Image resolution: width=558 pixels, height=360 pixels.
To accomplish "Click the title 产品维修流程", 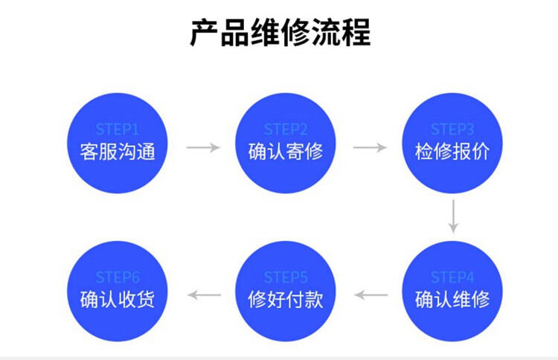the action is pos(280,33).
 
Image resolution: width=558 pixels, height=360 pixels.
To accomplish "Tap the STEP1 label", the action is pos(117,129).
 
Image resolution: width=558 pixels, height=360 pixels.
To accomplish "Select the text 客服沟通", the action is pos(118,152).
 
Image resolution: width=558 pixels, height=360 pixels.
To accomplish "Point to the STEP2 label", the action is pos(286,129).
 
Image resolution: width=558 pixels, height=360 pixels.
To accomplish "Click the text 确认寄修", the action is pos(286,152).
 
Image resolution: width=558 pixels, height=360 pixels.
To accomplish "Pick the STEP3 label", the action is pos(452,129).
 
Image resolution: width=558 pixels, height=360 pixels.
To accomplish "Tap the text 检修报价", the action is pos(452,152).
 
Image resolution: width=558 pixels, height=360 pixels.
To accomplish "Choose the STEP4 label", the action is pos(452,277).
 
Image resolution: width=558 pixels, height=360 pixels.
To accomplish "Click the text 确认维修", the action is pos(452,300).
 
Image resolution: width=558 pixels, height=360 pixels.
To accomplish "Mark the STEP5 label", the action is pos(286,277).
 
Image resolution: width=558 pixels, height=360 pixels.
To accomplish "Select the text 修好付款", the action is pos(286,300).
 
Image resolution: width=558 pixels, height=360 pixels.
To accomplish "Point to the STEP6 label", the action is pos(118,277).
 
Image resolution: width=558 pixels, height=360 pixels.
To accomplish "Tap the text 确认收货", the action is pos(118,300).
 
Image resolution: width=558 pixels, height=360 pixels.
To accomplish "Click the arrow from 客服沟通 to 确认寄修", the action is pos(203,147).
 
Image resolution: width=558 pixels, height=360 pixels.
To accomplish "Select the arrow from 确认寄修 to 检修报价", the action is pos(370,147).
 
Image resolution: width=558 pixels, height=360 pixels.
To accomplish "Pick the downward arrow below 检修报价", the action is pos(453,216).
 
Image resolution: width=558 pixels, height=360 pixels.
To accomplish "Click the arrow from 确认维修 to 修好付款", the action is pos(371,295).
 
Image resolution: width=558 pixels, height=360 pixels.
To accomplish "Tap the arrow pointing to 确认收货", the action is pos(205,295).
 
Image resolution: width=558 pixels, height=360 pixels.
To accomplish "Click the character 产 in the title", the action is pos(205,33).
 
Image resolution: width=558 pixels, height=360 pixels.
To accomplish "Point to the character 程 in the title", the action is pos(356,33).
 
